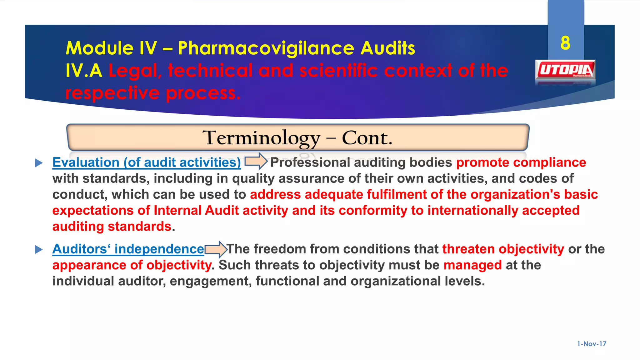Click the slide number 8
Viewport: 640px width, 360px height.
[x=565, y=43]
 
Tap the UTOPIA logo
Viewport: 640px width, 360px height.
[x=565, y=71]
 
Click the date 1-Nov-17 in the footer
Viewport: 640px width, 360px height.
[x=592, y=344]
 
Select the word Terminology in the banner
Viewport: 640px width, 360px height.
[x=261, y=138]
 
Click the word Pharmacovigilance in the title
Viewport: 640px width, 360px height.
[x=266, y=48]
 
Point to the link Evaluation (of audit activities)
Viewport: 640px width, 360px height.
[x=147, y=162]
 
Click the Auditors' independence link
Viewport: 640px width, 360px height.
[x=128, y=249]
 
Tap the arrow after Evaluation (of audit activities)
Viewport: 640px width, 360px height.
[x=256, y=161]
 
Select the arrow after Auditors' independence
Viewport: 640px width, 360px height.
[x=216, y=249]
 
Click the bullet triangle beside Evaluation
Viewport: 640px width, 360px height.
[x=39, y=163]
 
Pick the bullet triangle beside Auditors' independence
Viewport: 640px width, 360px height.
[x=39, y=249]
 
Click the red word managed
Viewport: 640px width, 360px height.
[x=472, y=265]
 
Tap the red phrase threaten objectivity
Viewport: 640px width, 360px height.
[x=503, y=249]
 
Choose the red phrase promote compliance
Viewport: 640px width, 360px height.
[x=521, y=162]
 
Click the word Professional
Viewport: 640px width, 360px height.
[x=310, y=162]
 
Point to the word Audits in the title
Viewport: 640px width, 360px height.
[x=387, y=48]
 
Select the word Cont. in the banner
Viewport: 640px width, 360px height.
[x=367, y=138]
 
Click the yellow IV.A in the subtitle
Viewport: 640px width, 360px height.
[x=84, y=71]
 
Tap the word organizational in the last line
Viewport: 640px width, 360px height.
[x=396, y=281]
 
